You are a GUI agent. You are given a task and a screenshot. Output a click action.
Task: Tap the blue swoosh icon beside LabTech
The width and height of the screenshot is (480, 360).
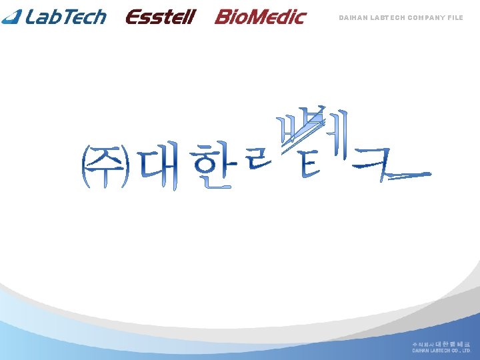13,16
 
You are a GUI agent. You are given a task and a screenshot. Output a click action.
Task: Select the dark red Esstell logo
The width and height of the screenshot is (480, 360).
160,17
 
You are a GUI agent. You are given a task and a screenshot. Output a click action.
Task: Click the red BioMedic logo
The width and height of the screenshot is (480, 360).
260,17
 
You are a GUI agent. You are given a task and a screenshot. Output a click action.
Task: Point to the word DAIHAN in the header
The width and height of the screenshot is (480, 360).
351,18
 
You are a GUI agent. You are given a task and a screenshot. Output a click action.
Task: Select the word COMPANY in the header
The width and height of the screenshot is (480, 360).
424,18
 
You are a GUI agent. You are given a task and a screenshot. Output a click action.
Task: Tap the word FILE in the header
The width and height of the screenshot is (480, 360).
455,18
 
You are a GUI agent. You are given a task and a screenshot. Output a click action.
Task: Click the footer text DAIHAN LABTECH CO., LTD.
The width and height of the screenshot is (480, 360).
441,350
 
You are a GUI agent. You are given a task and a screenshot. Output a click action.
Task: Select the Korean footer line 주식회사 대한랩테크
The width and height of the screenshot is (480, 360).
441,343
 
